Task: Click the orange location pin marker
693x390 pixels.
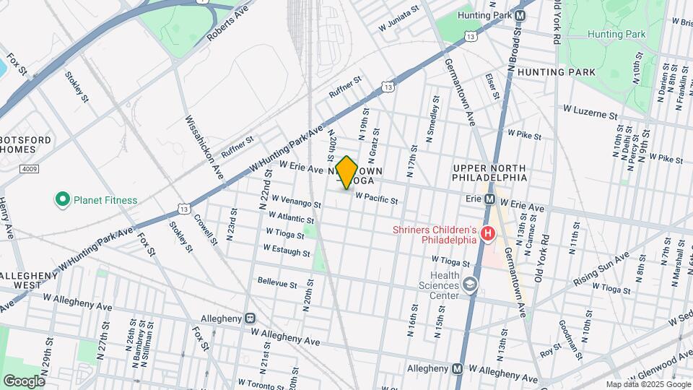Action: click(346, 173)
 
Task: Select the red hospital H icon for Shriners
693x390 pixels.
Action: click(487, 234)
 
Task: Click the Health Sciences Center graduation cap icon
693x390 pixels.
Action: click(471, 285)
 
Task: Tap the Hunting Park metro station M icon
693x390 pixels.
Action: click(520, 16)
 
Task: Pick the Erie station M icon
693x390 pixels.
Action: click(489, 199)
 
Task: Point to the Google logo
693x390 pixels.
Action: click(24, 381)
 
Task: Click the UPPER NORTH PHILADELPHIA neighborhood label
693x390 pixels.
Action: click(490, 173)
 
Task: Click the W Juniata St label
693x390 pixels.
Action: click(399, 20)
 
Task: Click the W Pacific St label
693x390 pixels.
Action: click(377, 197)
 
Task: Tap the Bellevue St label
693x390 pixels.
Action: click(277, 283)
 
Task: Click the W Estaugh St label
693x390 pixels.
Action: click(287, 250)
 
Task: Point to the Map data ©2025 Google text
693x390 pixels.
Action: click(648, 384)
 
